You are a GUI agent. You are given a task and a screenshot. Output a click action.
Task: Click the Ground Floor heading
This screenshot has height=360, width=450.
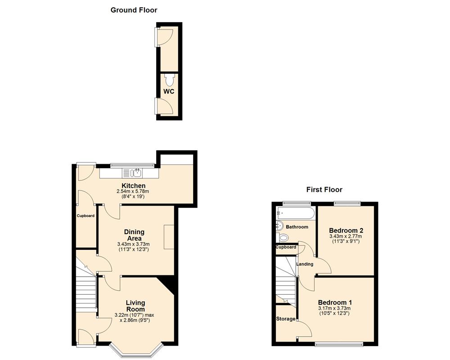[x=134, y=10]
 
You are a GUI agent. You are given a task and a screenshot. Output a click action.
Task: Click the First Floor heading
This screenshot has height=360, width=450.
[x=324, y=189]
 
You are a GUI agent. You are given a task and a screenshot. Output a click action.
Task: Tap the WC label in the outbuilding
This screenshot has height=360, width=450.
[x=169, y=91]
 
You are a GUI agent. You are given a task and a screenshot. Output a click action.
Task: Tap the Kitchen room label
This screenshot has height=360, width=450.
[x=133, y=186]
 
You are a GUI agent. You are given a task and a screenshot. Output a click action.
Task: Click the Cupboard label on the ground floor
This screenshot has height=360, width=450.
[x=85, y=216]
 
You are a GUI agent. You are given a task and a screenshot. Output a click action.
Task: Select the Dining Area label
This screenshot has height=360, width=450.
[x=134, y=235]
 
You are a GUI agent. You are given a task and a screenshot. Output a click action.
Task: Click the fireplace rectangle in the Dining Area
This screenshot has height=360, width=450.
[x=169, y=237]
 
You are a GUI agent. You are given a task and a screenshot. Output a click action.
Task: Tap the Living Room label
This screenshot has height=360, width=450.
[x=135, y=306]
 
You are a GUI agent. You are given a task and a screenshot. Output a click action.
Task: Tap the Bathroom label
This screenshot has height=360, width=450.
[x=297, y=227]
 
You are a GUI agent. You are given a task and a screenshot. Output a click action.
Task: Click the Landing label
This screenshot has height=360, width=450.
[x=305, y=264]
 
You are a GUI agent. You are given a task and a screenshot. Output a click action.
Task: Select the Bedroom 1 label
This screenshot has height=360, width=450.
[x=335, y=302]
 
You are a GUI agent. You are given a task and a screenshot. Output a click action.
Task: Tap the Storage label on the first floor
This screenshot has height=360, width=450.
[x=286, y=319]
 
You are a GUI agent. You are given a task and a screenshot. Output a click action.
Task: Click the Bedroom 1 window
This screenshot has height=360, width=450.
[x=339, y=345]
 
